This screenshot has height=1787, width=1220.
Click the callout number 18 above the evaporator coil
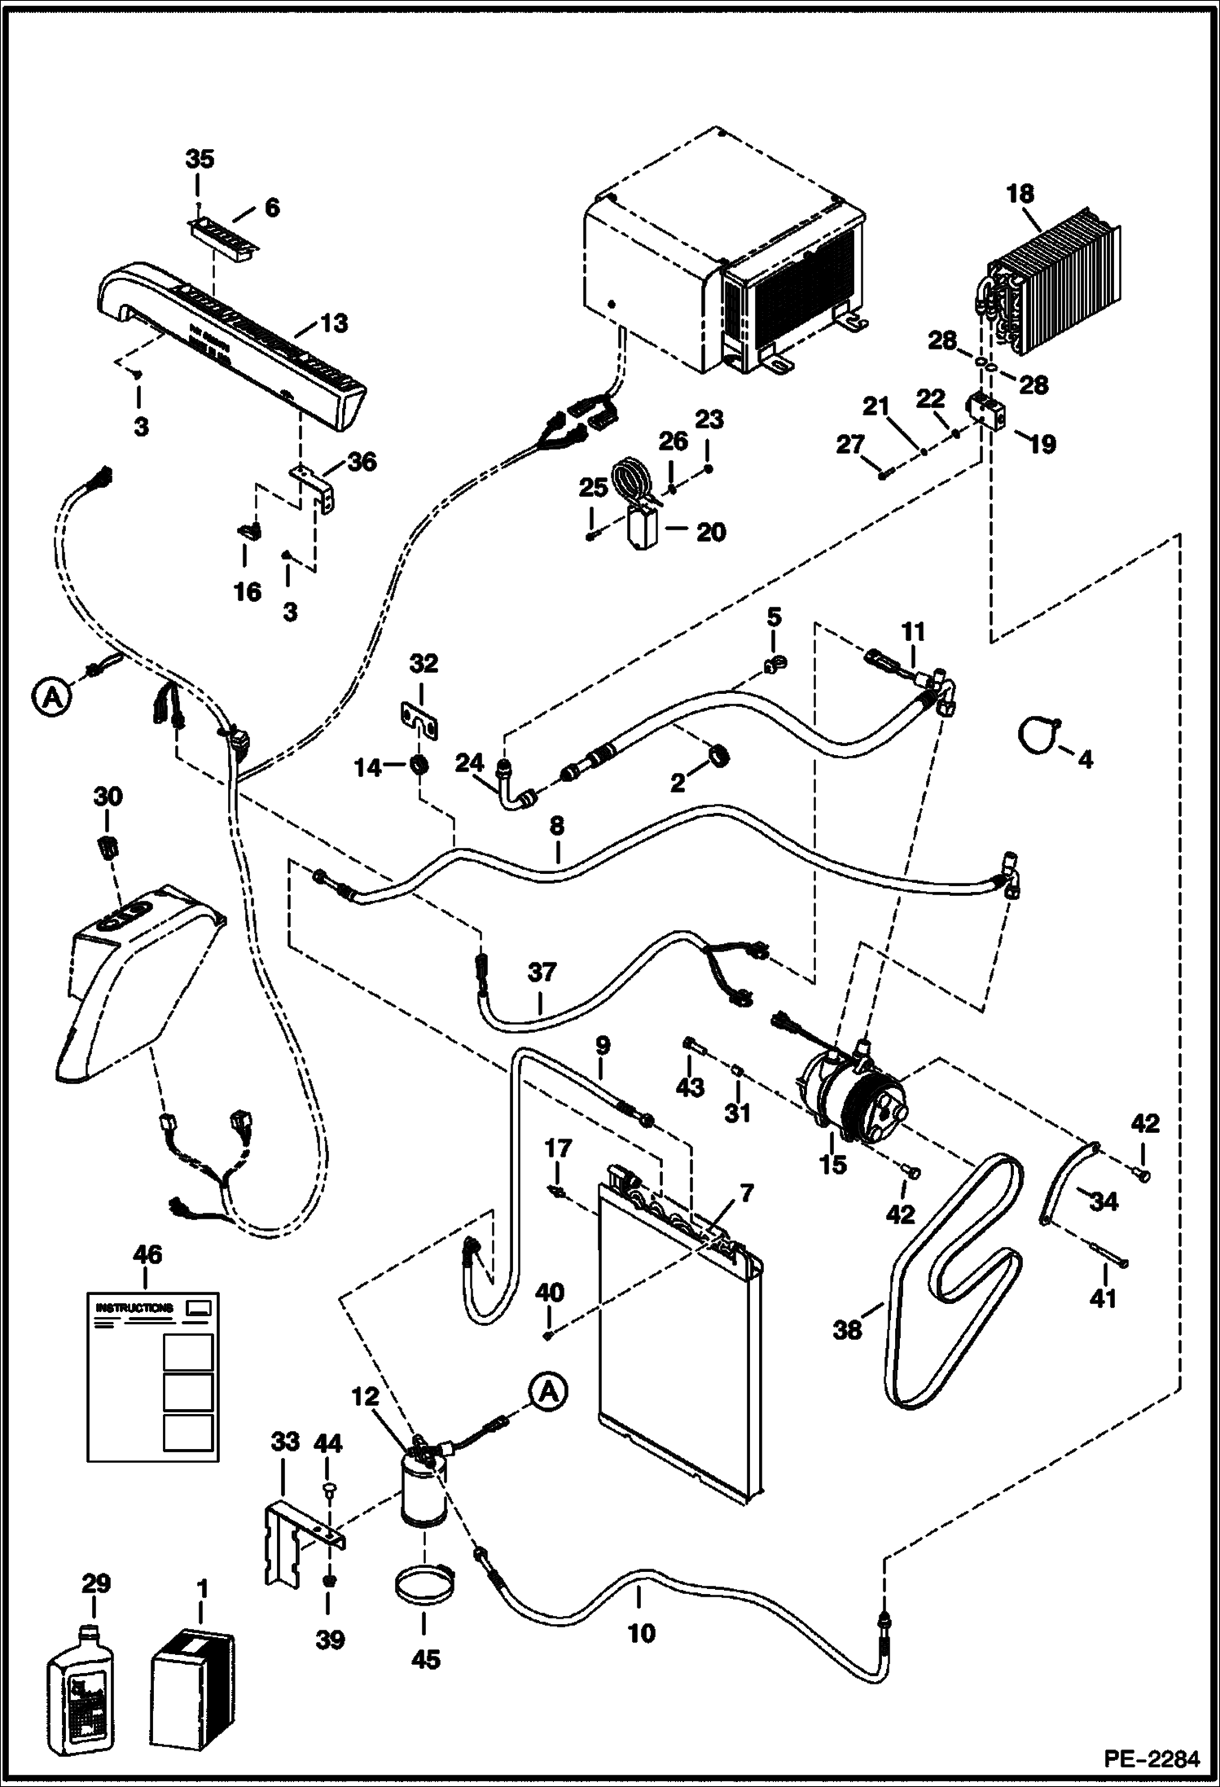(1020, 194)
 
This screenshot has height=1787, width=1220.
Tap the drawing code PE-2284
(1151, 1759)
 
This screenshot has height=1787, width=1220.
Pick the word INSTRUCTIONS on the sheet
(134, 1307)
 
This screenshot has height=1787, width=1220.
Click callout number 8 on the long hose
(556, 827)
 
